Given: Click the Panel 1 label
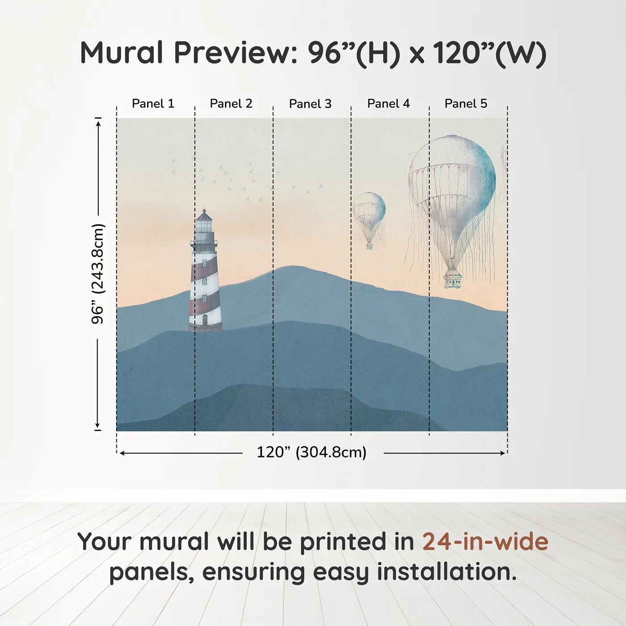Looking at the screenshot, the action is pos(153,104).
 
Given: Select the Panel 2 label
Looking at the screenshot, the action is pos(231,104).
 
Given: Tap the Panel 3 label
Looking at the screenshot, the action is pos(310,104).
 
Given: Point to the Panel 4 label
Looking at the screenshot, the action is pos(389,104).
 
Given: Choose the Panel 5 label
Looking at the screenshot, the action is pos(466,104).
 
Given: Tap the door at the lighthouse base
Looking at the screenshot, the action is pos(205,320).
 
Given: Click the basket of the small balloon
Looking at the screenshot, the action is pos(369,245).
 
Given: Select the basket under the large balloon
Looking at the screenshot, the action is pos(453,281).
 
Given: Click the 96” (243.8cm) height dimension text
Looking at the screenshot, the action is pos(97,274).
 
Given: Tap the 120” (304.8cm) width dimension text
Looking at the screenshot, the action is pos(312,452).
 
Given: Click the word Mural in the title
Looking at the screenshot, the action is pos(122,53).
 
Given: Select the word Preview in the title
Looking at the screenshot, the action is pos(236,53).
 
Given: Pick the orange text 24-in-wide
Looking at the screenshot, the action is pos(485,541).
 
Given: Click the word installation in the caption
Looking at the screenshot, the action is pos(447,572).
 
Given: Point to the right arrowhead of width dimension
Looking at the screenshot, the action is pos(503,453).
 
